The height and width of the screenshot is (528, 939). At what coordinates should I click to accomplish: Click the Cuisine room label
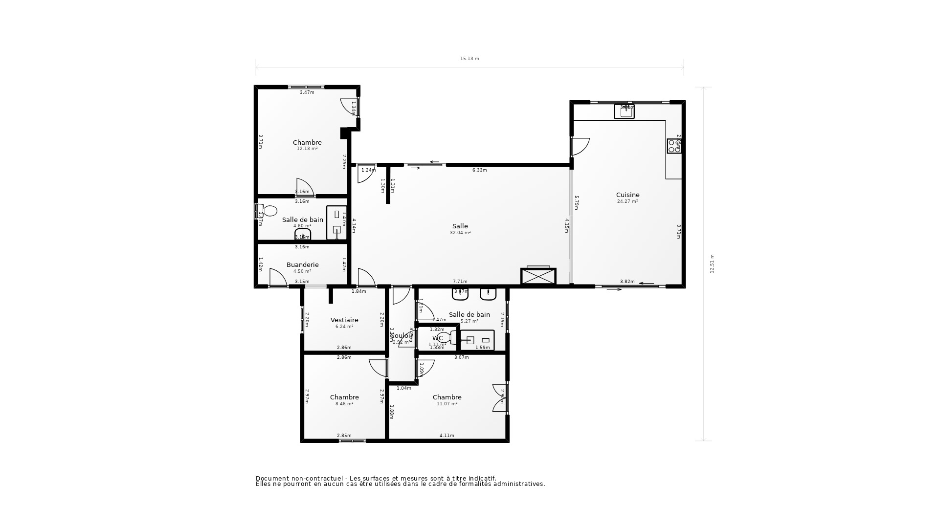coord(627,195)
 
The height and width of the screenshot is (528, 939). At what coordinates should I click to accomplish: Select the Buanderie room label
coord(302,264)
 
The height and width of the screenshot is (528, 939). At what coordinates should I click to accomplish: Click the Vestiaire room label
coord(344,320)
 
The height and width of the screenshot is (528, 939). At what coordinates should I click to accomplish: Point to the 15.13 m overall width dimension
coord(469,59)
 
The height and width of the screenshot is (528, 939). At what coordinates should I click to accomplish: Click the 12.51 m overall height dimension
coord(712,264)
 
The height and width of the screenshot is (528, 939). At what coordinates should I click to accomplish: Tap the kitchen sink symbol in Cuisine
coord(624,111)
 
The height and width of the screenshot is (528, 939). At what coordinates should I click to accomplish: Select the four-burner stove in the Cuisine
coord(674,146)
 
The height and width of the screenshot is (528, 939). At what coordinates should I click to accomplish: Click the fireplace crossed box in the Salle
coord(538,276)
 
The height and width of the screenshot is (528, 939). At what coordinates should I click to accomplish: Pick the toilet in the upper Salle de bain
coord(267,211)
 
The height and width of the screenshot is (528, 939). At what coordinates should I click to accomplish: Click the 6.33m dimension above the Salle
coord(479,170)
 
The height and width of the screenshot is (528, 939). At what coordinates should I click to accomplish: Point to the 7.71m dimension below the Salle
coord(460,282)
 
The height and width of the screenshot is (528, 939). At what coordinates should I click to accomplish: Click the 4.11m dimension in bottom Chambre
coord(447,436)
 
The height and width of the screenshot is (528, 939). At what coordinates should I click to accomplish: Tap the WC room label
coord(437,338)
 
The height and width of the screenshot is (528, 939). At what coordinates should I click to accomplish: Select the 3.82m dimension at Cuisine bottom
coord(627,282)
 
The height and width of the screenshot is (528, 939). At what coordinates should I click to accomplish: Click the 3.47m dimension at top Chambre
coord(307,92)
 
